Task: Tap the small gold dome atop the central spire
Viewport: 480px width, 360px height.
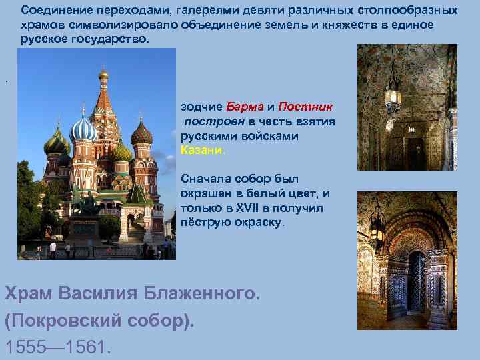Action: pyautogui.click(x=103, y=74)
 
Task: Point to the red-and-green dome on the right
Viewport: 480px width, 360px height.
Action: pyautogui.click(x=141, y=133)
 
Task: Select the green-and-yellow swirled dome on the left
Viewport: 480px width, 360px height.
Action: pyautogui.click(x=57, y=141)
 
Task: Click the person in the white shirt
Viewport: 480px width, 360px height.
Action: pyautogui.click(x=53, y=249)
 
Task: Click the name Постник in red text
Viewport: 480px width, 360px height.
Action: pyautogui.click(x=306, y=107)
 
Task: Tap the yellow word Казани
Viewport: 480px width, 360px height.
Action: pyautogui.click(x=203, y=150)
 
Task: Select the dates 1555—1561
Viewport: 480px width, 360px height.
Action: pyautogui.click(x=58, y=347)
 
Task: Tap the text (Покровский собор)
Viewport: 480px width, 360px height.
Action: pyautogui.click(x=100, y=320)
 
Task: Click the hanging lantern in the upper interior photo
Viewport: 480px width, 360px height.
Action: pyautogui.click(x=393, y=97)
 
